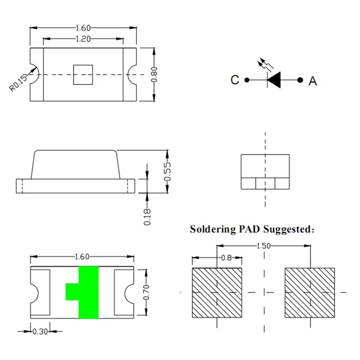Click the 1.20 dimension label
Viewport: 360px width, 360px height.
point(83,39)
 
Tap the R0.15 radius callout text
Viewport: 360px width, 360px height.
point(18,83)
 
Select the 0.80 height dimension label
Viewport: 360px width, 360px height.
point(154,74)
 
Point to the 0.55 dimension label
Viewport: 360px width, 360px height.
point(168,171)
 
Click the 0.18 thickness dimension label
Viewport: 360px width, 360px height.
point(147,217)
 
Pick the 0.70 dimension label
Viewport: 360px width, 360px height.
point(146,292)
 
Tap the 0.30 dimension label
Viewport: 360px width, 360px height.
point(40,332)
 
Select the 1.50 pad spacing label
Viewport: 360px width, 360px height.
point(264,246)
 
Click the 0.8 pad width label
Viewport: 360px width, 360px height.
point(227,258)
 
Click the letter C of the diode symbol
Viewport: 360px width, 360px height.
point(235,80)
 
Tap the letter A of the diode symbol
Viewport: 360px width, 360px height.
point(312,81)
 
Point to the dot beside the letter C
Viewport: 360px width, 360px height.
point(247,80)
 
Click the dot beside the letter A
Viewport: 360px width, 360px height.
point(300,80)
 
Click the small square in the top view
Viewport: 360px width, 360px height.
point(83,75)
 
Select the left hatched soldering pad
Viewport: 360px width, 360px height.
point(217,293)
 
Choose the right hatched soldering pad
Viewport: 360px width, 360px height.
point(310,293)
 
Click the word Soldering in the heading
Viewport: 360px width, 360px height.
point(213,229)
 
